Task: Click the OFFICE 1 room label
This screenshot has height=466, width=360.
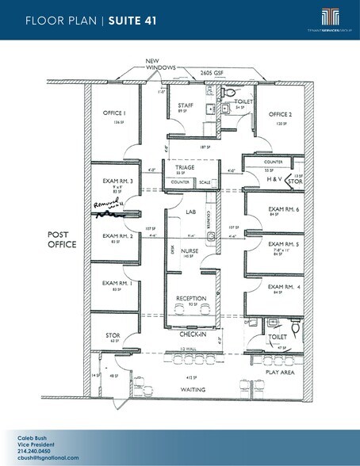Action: click(x=115, y=113)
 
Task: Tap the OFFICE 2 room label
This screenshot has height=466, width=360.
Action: click(x=279, y=114)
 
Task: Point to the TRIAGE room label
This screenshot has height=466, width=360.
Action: click(x=184, y=167)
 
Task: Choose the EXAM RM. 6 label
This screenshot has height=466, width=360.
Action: click(x=283, y=208)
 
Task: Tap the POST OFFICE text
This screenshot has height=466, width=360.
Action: click(x=62, y=239)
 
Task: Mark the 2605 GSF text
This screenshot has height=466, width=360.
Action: click(x=210, y=71)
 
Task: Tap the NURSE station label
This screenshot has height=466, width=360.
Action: click(x=190, y=251)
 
